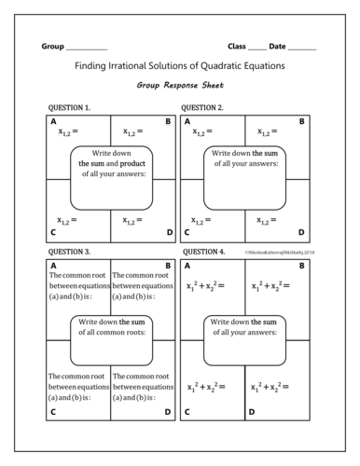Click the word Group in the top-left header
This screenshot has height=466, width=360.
click(x=53, y=46)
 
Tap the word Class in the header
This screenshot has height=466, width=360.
click(x=237, y=46)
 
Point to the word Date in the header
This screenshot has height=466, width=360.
click(x=278, y=46)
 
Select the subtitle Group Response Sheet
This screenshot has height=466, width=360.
click(x=180, y=86)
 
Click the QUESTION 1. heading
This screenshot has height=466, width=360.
click(x=68, y=108)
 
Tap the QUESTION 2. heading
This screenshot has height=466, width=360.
click(x=203, y=108)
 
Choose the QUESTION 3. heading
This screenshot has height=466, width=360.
click(x=68, y=252)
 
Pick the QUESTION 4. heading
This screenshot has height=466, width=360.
click(x=203, y=252)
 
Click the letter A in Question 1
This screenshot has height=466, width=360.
click(x=53, y=121)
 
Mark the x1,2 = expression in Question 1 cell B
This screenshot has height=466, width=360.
click(x=133, y=132)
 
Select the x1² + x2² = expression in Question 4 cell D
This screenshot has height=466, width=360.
click(x=271, y=387)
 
